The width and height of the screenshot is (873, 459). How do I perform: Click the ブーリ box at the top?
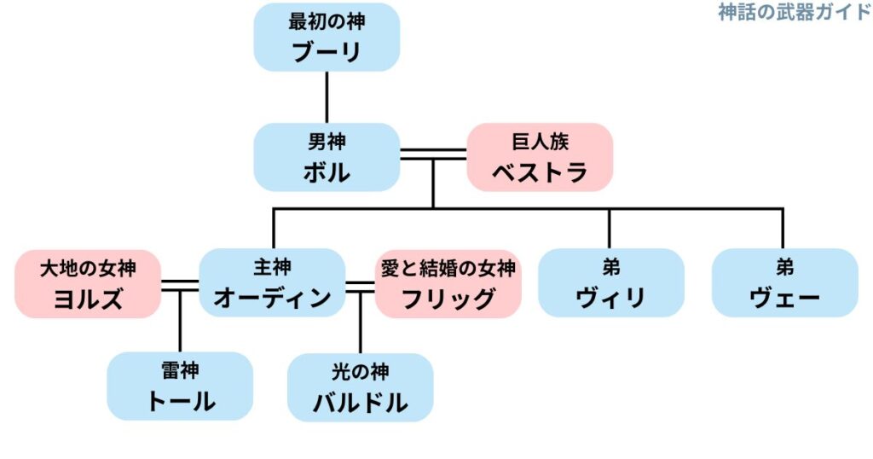[x=327, y=38]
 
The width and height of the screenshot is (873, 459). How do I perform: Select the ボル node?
[x=327, y=157]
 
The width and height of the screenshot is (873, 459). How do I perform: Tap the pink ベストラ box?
[x=540, y=157]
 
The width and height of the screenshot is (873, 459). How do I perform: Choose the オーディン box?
[x=272, y=283]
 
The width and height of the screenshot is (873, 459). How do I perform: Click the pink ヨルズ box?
[x=88, y=283]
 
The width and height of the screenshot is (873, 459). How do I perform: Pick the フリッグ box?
[x=448, y=283]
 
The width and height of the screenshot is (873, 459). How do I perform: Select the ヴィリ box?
[x=610, y=283]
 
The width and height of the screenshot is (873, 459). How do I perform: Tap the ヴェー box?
[x=784, y=283]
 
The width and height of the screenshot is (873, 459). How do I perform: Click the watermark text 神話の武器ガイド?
[x=794, y=12]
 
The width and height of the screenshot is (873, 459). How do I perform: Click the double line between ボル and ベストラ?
[x=433, y=154]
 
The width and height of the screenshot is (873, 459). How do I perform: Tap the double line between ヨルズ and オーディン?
[x=180, y=284]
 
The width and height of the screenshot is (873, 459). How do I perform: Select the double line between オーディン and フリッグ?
[x=361, y=284]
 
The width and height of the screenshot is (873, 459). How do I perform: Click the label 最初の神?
[x=327, y=22]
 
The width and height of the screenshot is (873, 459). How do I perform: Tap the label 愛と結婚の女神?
[x=448, y=268]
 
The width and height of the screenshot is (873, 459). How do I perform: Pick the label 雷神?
[x=180, y=371]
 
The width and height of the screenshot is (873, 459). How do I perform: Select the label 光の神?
[x=361, y=371]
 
